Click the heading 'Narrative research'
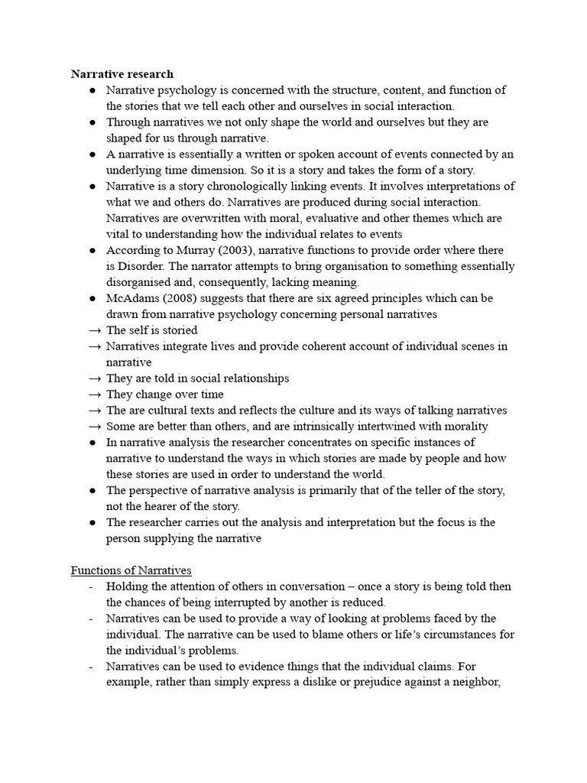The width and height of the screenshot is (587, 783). tap(122, 74)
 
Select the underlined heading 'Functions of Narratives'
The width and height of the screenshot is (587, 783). tap(131, 570)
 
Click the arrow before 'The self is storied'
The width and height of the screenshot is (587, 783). tap(95, 330)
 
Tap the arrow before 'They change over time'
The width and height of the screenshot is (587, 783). tap(95, 395)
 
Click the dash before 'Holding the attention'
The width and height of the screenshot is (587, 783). tap(91, 586)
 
